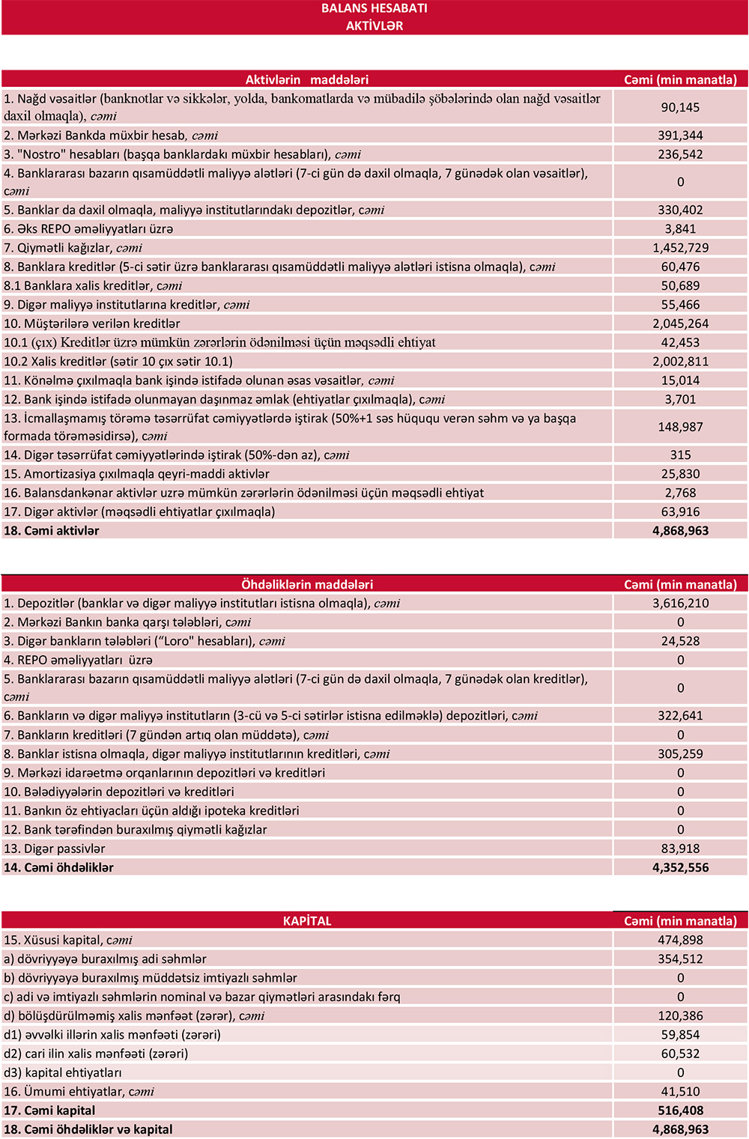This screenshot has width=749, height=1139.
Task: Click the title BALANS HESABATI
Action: click(x=374, y=8)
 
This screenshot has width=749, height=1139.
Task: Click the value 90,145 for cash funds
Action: click(x=680, y=108)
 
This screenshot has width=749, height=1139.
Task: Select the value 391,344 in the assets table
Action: click(x=680, y=136)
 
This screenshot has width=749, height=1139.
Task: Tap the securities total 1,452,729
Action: click(x=680, y=248)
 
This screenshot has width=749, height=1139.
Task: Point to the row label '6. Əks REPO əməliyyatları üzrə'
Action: click(x=88, y=229)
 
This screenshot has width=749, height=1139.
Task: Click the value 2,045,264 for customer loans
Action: click(x=680, y=324)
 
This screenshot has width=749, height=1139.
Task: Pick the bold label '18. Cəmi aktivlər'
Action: click(x=52, y=531)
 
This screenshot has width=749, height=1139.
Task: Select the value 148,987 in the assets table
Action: click(x=680, y=427)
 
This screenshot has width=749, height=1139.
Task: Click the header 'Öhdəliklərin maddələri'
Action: click(x=307, y=585)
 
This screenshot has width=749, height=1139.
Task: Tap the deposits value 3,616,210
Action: click(x=680, y=604)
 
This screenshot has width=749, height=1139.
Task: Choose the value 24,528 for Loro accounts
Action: click(x=680, y=641)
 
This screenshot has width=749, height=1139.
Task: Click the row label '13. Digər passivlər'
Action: click(x=55, y=848)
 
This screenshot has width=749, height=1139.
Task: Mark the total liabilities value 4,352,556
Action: click(x=680, y=868)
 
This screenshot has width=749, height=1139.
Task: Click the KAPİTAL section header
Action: click(x=307, y=921)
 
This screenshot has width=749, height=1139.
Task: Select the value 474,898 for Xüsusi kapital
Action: click(x=680, y=941)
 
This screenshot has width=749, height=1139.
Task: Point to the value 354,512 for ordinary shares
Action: click(x=680, y=959)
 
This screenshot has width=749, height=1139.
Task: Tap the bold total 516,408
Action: click(x=680, y=1111)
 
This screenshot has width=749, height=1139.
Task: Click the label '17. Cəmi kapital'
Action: click(x=49, y=1111)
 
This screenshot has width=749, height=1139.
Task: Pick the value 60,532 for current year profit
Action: click(x=680, y=1054)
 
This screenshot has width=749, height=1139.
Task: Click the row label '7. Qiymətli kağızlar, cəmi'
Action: click(x=73, y=248)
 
